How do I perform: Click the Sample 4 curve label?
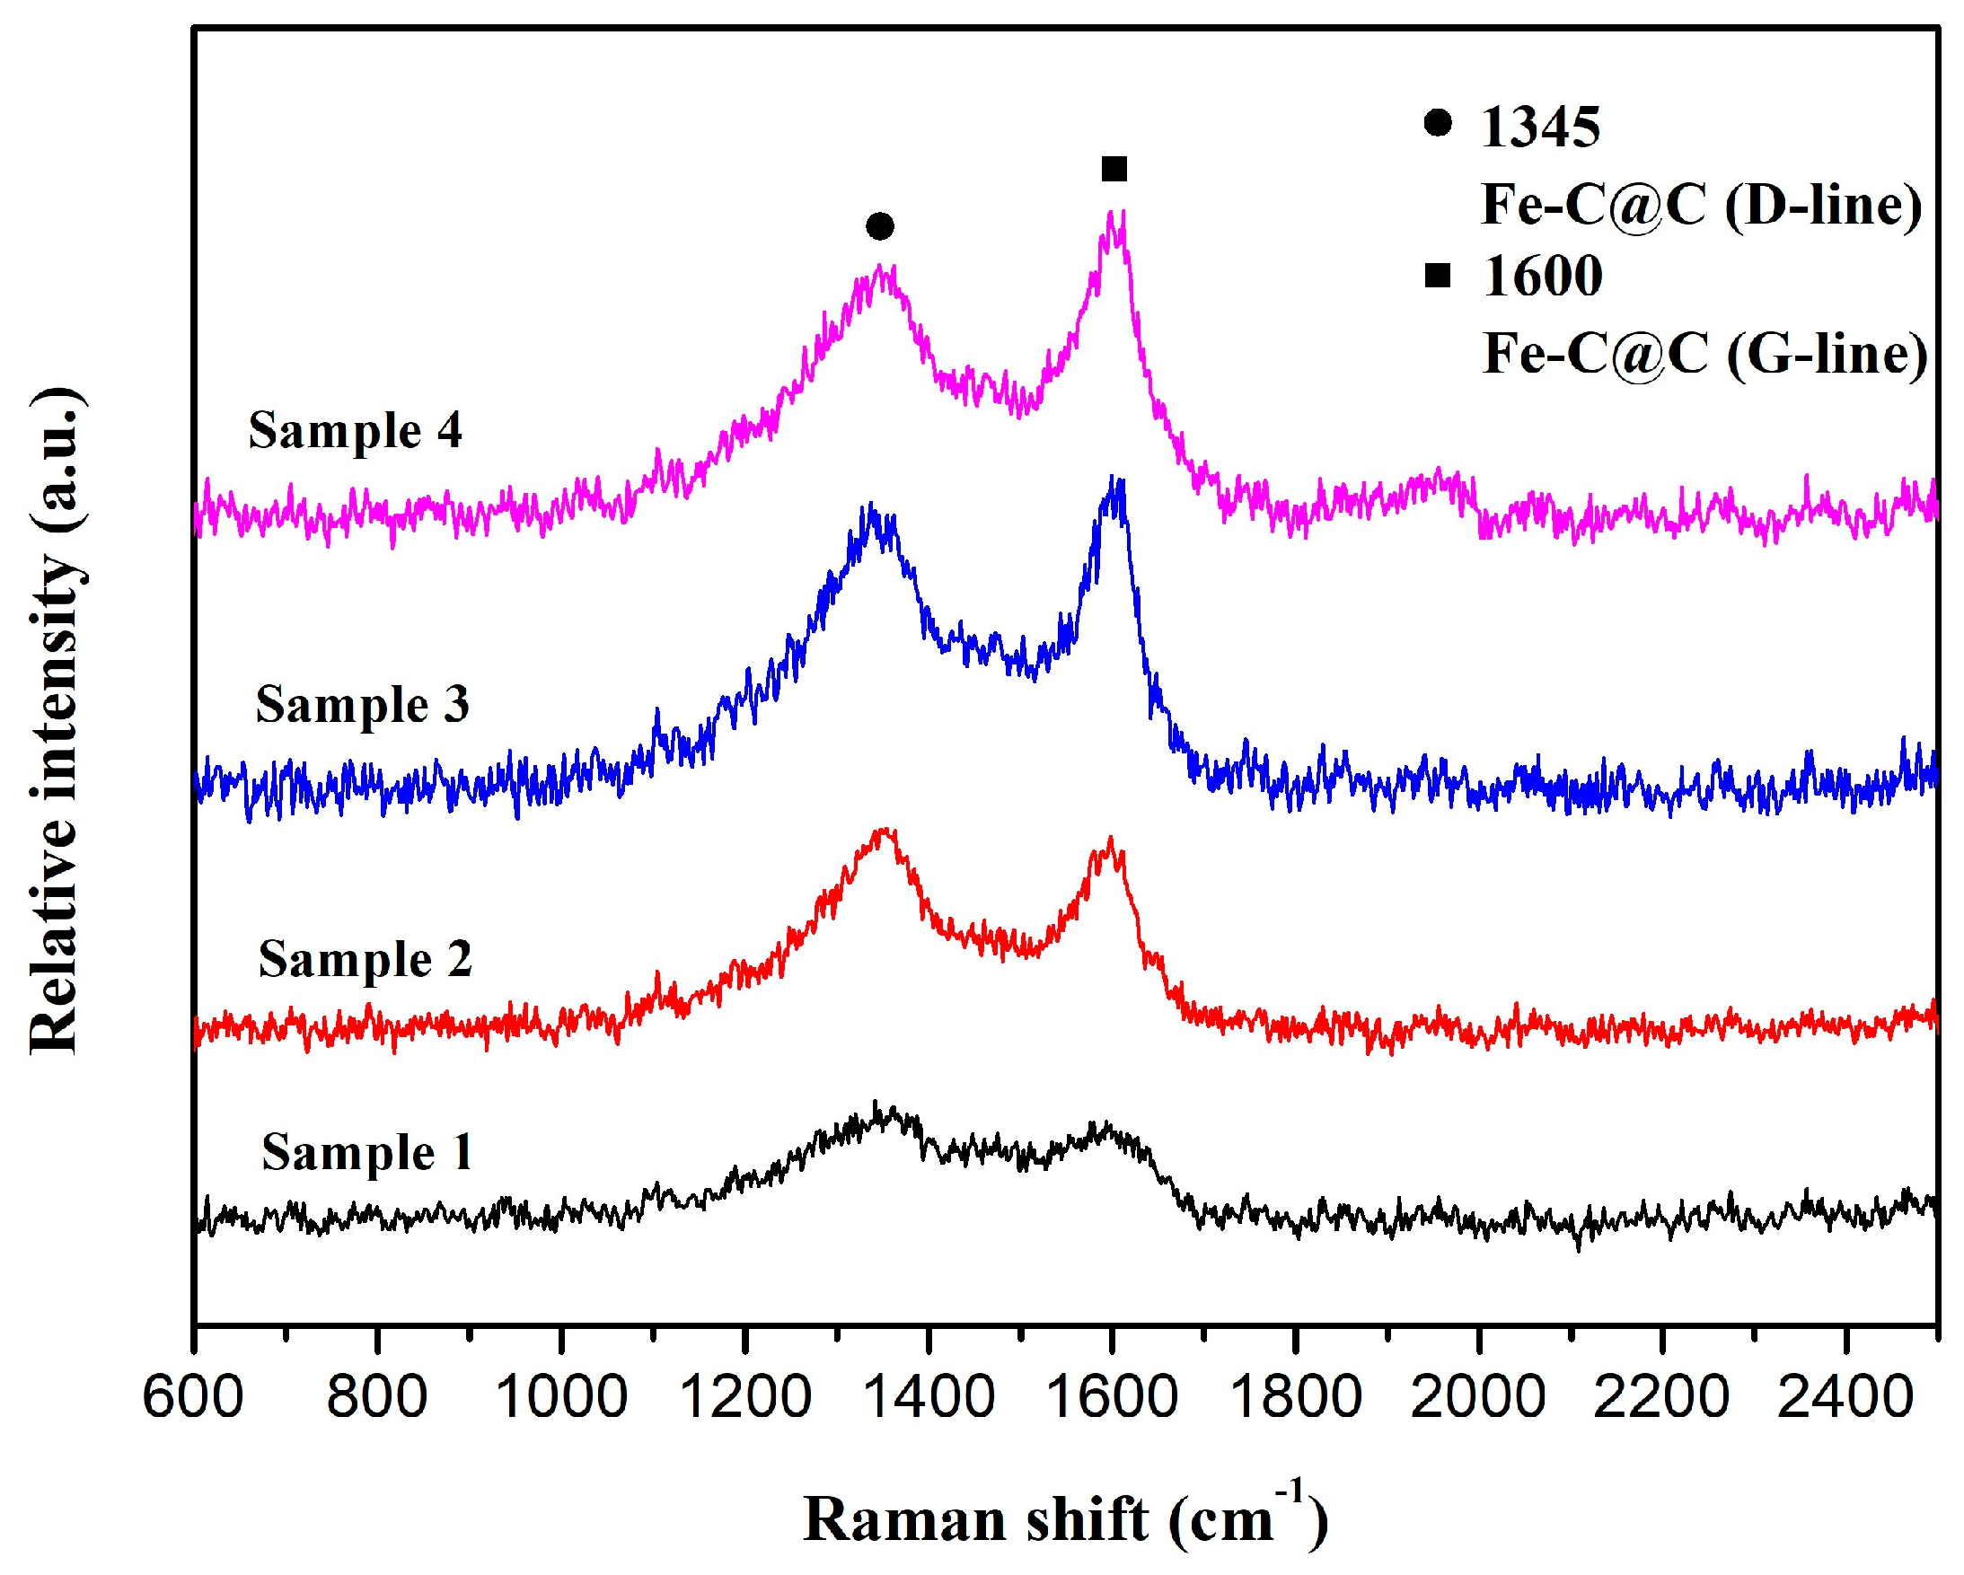coord(356,430)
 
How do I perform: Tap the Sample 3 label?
coord(362,705)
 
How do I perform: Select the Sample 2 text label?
coord(365,960)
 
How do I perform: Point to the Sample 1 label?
coord(367,1153)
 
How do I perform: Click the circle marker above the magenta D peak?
coord(879,226)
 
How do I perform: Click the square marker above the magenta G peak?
coord(1114,169)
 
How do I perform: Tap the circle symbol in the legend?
coord(1438,123)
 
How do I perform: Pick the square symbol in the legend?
coord(1438,274)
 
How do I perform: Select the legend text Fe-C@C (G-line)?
coord(1704,353)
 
